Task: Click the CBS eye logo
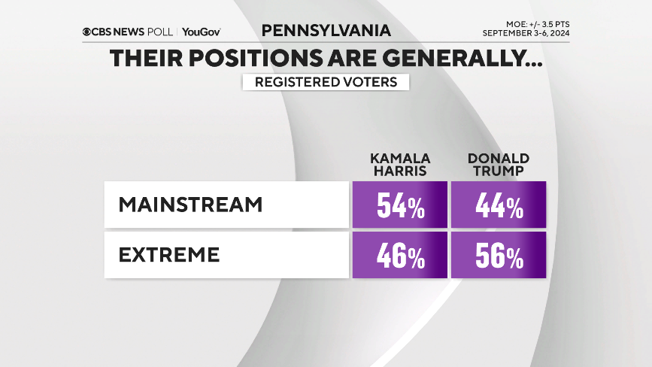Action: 88,32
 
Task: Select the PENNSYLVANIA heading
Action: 326,30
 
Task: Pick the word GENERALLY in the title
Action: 469,59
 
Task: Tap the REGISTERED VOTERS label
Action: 326,82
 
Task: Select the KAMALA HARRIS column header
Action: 399,165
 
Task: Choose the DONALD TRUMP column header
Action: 499,165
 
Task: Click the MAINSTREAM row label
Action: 191,205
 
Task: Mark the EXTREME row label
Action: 170,254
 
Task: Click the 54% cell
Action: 400,205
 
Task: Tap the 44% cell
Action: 499,205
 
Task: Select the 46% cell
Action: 400,256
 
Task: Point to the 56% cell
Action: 499,256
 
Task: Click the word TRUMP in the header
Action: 499,171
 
